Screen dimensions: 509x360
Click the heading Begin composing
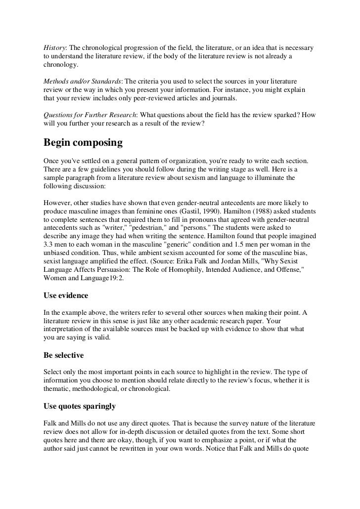click(83, 143)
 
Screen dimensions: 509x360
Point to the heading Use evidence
click(66, 296)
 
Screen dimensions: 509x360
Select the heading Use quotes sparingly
click(80, 406)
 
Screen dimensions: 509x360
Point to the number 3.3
click(49, 244)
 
